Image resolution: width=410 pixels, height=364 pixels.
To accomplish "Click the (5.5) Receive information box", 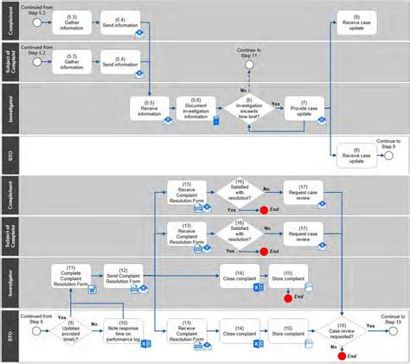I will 149,108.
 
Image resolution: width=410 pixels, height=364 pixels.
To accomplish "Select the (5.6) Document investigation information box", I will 195,108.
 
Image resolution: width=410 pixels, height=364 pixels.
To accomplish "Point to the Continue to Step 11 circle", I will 250,64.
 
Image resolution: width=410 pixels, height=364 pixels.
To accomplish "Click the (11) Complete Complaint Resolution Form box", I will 71,277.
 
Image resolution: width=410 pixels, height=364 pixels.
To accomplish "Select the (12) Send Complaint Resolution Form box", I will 122,277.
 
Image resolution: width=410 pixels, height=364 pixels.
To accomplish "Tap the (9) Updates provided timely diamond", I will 71,329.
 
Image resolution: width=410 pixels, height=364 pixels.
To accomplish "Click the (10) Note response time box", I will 122,329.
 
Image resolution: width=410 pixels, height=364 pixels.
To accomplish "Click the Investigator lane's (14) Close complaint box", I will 240,277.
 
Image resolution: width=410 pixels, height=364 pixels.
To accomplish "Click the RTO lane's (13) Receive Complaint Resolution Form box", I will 188,329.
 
